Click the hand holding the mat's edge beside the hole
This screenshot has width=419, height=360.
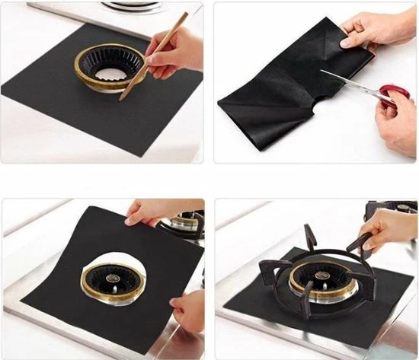tap(187, 308)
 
